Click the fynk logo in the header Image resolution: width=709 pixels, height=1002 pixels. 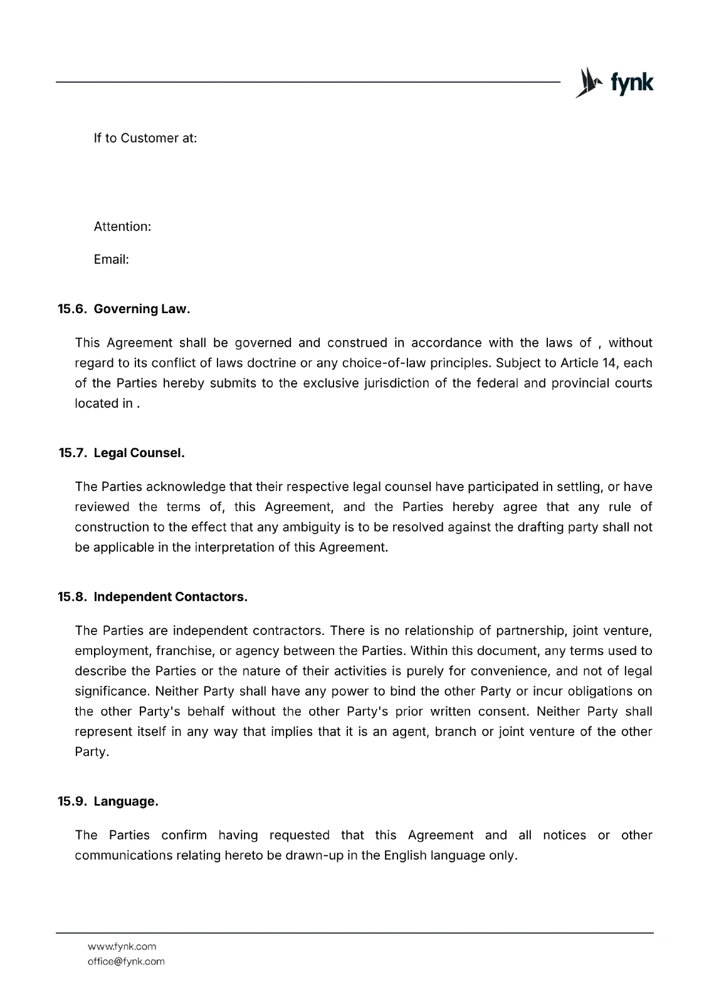pos(614,83)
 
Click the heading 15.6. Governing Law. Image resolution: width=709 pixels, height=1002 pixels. pos(123,309)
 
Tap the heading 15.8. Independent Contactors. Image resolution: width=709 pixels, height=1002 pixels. pos(152,597)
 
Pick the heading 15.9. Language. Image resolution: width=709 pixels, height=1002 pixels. pos(108,802)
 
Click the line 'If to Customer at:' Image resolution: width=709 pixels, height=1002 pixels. pos(145,138)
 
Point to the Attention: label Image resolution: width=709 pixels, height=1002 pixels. pos(122,226)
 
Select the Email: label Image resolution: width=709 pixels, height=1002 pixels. pos(111,259)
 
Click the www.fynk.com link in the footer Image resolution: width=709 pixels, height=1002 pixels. pos(122,946)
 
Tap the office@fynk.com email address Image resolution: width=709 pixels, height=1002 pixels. pos(126,961)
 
